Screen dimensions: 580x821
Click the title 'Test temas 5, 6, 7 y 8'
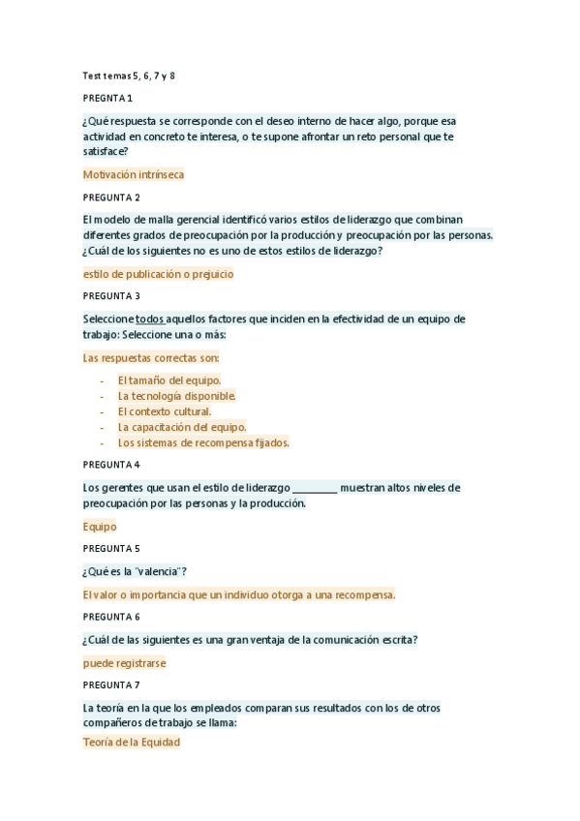[129, 76]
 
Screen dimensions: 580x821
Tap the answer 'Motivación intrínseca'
[134, 175]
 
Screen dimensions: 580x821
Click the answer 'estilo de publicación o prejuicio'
[159, 274]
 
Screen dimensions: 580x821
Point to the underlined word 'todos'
[149, 319]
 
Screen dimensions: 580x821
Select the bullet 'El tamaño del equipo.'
[169, 380]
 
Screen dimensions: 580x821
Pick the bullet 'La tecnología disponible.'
[177, 396]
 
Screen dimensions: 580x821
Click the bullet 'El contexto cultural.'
[165, 411]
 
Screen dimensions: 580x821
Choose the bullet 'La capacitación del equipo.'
[182, 427]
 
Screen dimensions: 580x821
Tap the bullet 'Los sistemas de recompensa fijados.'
[203, 442]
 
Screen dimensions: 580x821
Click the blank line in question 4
[315, 488]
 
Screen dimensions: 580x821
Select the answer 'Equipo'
[100, 527]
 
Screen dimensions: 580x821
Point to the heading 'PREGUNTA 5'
[111, 548]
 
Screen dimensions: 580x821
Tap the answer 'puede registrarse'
[125, 663]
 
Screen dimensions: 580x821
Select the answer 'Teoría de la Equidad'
[132, 743]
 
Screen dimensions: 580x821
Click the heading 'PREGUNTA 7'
[111, 685]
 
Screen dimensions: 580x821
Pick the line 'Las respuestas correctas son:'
[152, 358]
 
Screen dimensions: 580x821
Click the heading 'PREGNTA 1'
[107, 99]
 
